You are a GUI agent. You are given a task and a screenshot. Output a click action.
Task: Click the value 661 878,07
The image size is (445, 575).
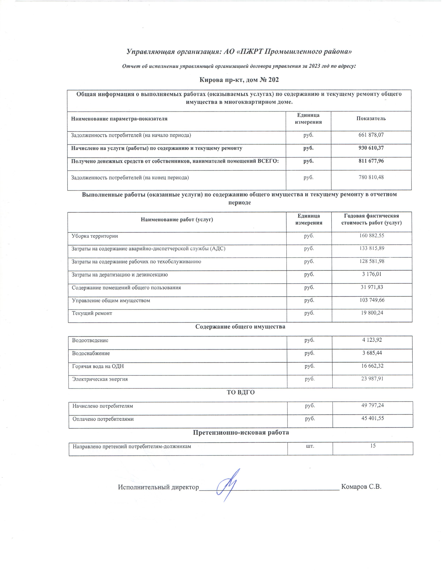[371, 135]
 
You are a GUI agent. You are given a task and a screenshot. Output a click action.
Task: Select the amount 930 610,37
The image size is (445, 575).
[371, 148]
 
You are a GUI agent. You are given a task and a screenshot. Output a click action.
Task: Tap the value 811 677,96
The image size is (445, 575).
[371, 161]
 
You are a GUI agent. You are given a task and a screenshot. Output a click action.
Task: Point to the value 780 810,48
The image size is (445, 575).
[371, 177]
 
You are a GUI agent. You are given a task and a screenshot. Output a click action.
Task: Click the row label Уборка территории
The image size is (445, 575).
[95, 236]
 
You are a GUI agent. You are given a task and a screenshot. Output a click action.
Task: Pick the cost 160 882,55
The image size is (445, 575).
[372, 235]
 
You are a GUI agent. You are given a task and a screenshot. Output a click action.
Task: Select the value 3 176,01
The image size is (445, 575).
[372, 274]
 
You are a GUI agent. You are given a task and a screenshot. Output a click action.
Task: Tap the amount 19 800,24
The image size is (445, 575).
[372, 313]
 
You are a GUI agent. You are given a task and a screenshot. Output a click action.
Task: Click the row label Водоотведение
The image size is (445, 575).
[90, 340]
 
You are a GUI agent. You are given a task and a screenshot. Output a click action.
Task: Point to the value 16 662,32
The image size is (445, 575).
[372, 366]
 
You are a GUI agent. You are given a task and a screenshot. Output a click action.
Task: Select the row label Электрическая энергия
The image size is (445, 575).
[100, 379]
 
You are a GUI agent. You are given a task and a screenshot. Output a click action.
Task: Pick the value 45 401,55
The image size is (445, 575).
[373, 418]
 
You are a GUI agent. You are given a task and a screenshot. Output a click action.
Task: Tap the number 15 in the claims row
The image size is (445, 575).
[373, 446]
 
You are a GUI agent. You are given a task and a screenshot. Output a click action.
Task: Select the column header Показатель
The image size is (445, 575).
[371, 118]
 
